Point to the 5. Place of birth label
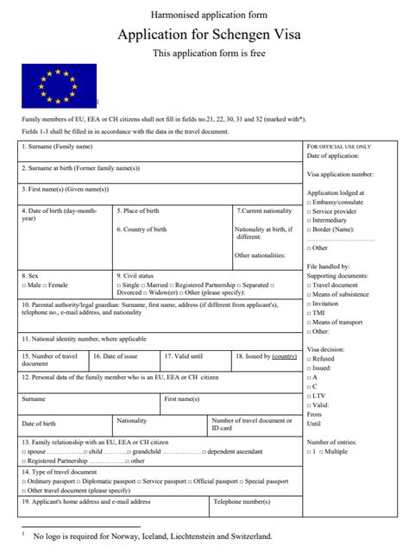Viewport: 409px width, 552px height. tap(138, 210)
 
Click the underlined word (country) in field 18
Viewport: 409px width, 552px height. tap(284, 355)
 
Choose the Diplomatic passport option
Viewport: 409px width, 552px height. tap(110, 481)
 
